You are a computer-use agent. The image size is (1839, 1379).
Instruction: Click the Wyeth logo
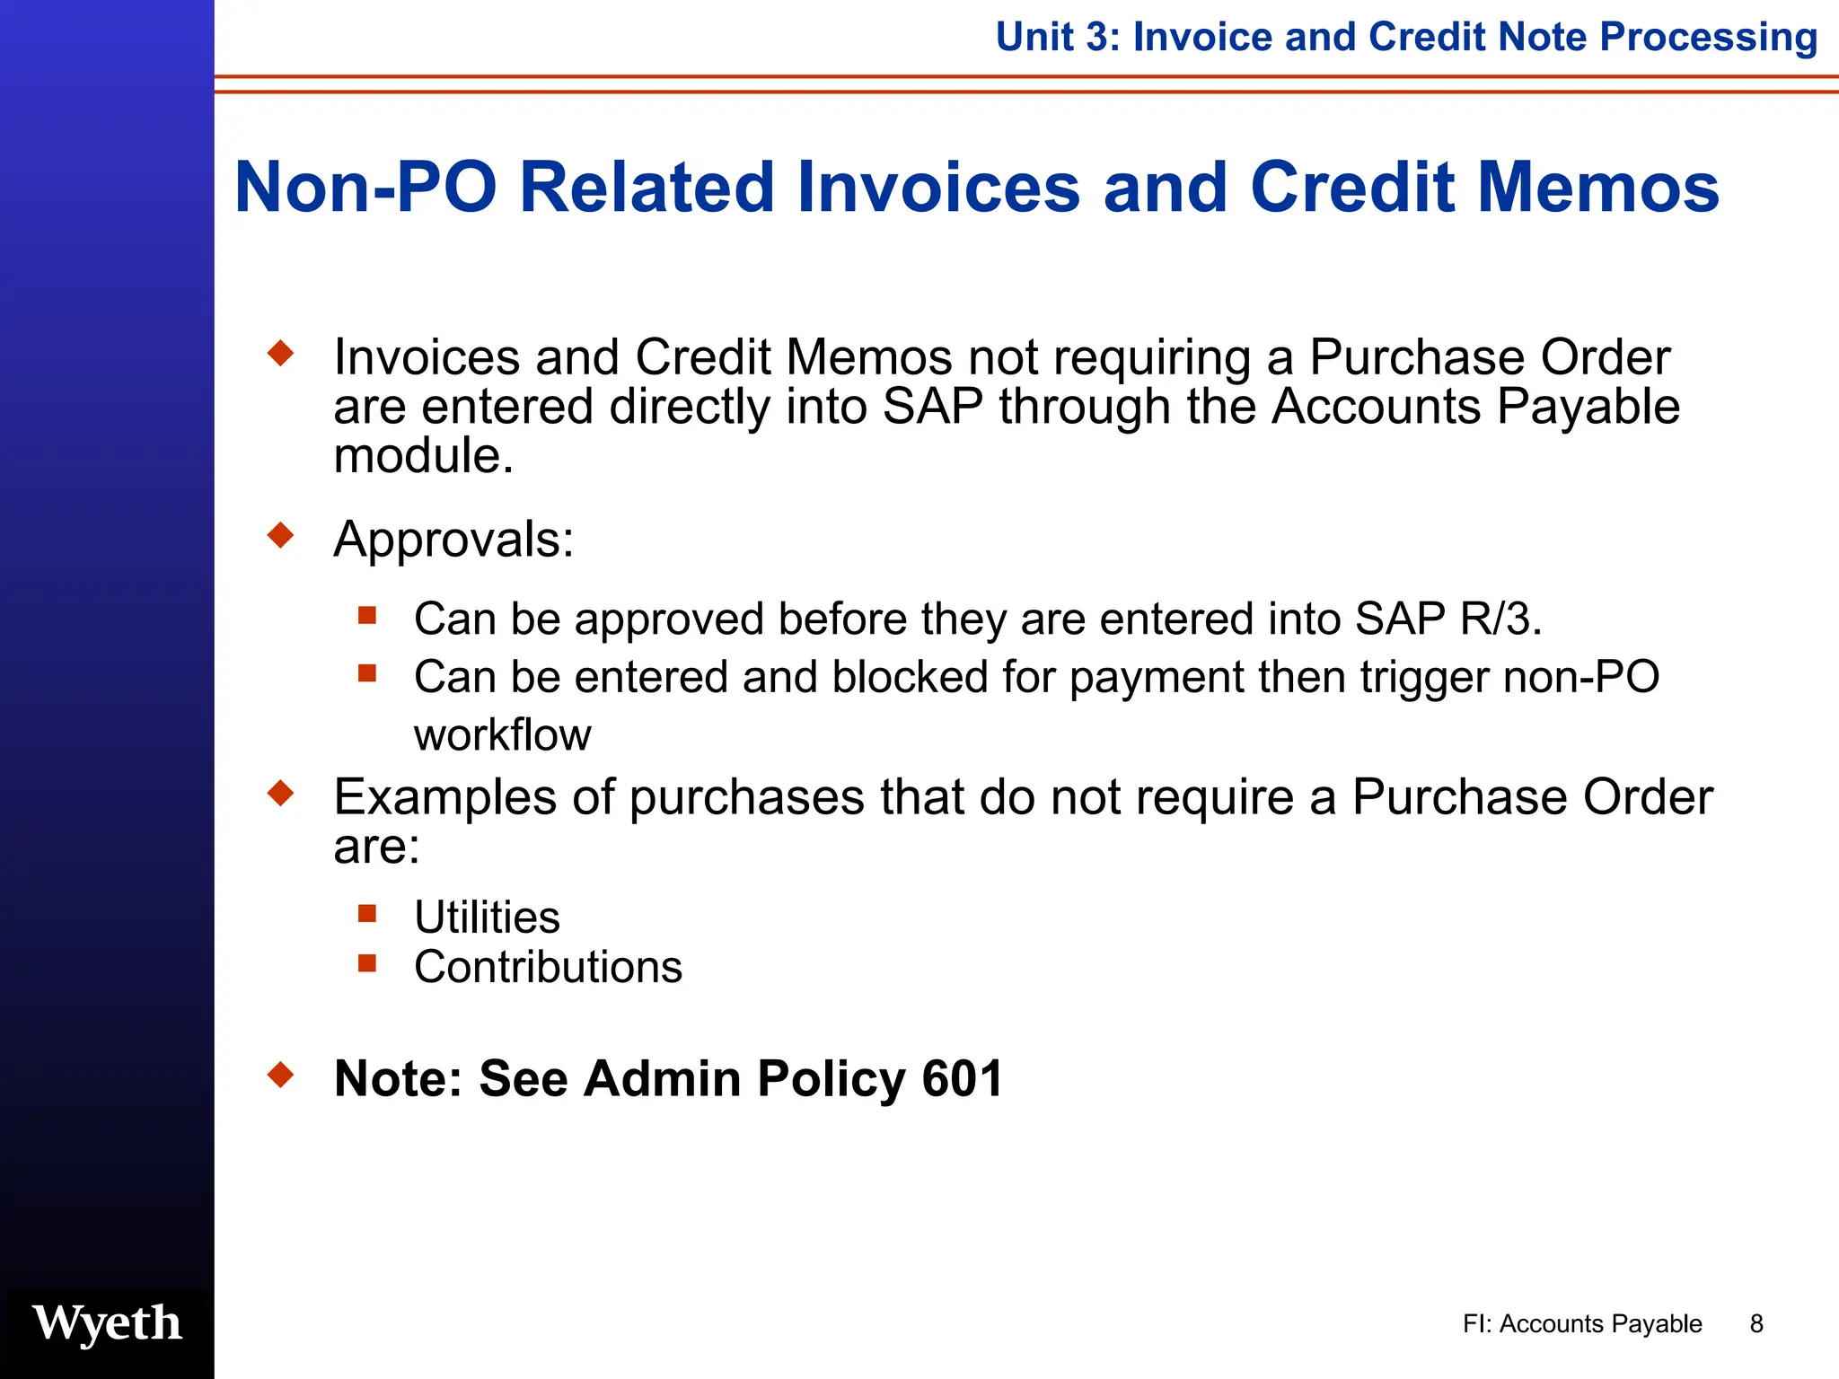click(x=107, y=1323)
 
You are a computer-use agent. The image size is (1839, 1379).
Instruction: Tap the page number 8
click(x=1756, y=1323)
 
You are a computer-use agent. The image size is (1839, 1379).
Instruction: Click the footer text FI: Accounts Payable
click(x=1582, y=1323)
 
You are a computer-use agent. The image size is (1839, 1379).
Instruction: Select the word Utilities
click(x=487, y=918)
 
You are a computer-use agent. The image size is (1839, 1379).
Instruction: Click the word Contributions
click(x=548, y=967)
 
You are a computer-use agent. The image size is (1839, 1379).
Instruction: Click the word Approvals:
click(x=453, y=540)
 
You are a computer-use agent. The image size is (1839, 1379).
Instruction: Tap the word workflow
click(x=502, y=735)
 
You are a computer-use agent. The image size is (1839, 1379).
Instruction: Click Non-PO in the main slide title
click(x=365, y=187)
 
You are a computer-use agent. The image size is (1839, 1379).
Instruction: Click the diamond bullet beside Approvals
click(x=281, y=536)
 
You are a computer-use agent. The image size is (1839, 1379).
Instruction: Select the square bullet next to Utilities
click(x=366, y=914)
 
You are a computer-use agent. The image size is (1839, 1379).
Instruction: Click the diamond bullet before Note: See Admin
click(x=281, y=1075)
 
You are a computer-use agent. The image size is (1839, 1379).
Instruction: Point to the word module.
click(x=423, y=456)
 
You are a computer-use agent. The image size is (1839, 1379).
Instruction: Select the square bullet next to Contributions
click(x=366, y=963)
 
